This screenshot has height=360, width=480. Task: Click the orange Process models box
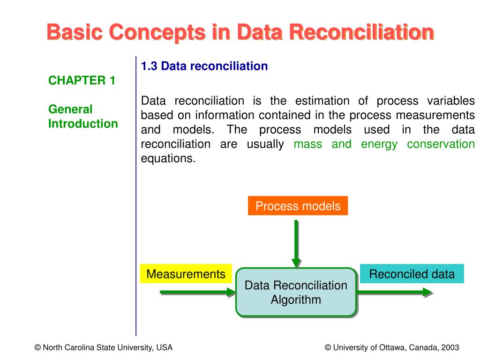pyautogui.click(x=298, y=206)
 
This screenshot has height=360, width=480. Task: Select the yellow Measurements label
pyautogui.click(x=186, y=274)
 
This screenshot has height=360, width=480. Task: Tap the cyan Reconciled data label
pyautogui.click(x=412, y=274)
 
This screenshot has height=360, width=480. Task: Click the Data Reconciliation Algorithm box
pyautogui.click(x=296, y=292)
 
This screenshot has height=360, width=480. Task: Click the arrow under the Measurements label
pyautogui.click(x=197, y=292)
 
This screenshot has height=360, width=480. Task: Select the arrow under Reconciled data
pyautogui.click(x=394, y=292)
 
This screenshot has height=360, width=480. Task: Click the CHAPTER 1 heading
pyautogui.click(x=82, y=81)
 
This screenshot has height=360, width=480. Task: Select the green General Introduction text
pyautogui.click(x=83, y=117)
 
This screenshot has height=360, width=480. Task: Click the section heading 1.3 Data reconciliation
pyautogui.click(x=204, y=66)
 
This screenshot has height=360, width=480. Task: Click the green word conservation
pyautogui.click(x=441, y=144)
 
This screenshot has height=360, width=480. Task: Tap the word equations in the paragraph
pyautogui.click(x=168, y=158)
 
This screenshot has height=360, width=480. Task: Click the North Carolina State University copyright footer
pyautogui.click(x=103, y=347)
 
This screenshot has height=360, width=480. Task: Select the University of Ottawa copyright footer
pyautogui.click(x=391, y=347)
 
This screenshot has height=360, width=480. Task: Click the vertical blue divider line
pyautogui.click(x=136, y=197)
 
